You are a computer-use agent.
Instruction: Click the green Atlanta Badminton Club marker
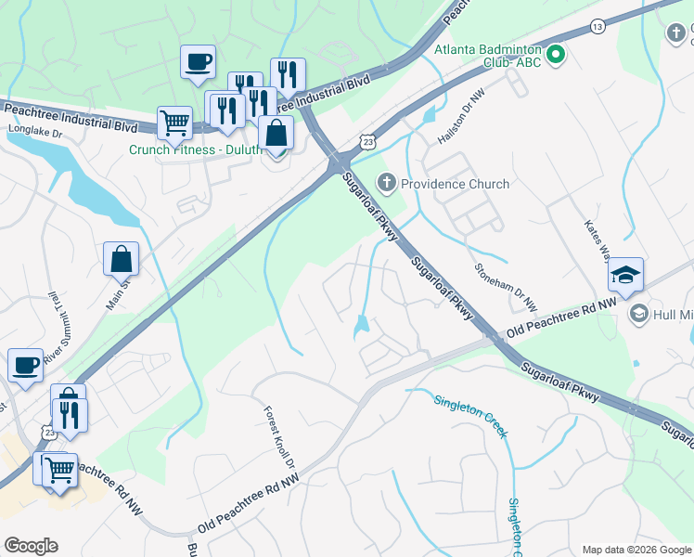point(556,56)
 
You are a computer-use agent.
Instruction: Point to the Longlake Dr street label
point(34,132)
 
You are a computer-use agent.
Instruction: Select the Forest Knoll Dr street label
point(279,436)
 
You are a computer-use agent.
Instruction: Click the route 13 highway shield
point(598,27)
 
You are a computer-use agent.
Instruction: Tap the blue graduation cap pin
point(625,275)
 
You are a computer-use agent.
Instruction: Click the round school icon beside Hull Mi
point(638,315)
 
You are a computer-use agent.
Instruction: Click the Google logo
point(31,546)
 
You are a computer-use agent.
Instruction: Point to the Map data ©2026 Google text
point(636,549)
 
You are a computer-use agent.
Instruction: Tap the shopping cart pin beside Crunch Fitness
point(173,122)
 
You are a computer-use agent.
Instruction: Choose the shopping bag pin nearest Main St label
point(122,259)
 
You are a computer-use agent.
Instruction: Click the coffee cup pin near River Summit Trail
point(26,364)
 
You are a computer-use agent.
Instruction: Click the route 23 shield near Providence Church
point(368,141)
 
